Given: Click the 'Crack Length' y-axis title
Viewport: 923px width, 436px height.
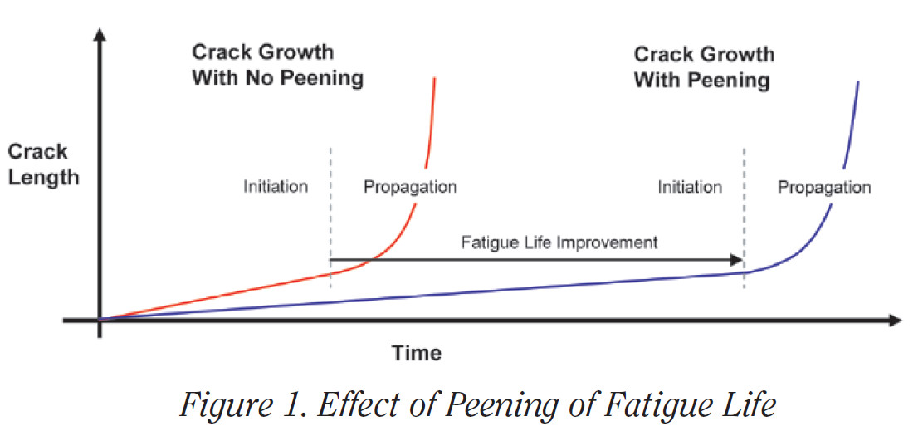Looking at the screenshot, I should pyautogui.click(x=44, y=164).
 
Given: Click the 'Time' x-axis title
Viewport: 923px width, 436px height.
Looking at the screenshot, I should pyautogui.click(x=417, y=352).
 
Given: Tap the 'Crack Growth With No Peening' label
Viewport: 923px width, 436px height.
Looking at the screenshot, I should pyautogui.click(x=277, y=66).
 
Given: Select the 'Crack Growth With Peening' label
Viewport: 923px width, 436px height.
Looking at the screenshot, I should pyautogui.click(x=703, y=67).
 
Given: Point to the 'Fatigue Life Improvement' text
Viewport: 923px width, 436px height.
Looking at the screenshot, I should pyautogui.click(x=559, y=242).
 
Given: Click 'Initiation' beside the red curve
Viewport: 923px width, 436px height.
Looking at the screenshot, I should pyautogui.click(x=276, y=186).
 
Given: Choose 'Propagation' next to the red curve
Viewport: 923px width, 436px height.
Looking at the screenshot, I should pyautogui.click(x=409, y=187).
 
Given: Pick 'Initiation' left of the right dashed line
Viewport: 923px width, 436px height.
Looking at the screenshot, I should pyautogui.click(x=690, y=187).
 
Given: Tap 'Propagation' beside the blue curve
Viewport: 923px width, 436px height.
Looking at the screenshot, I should pyautogui.click(x=823, y=187).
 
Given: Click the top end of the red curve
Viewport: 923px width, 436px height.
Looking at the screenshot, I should pyautogui.click(x=434, y=80).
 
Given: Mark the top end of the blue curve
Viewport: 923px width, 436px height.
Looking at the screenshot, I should pyautogui.click(x=857, y=81).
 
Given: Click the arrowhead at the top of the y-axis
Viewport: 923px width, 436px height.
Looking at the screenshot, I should pyautogui.click(x=100, y=35).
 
